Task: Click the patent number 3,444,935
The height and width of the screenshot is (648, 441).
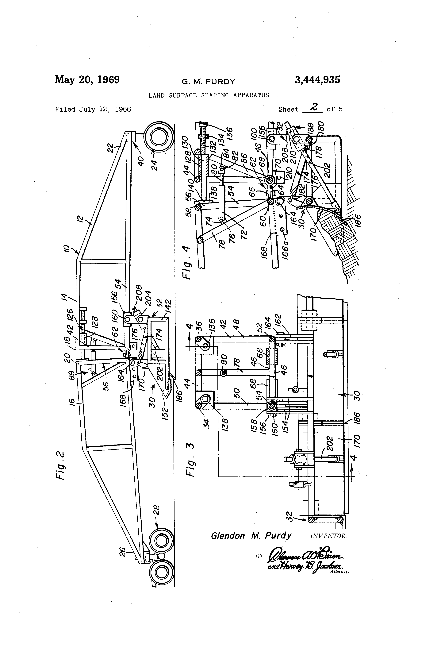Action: pyautogui.click(x=317, y=80)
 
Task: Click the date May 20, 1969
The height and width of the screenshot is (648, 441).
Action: pyautogui.click(x=87, y=80)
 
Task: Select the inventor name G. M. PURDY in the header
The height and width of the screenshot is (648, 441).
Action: pyautogui.click(x=208, y=82)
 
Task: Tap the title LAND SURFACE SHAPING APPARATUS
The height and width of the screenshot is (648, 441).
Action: pyautogui.click(x=209, y=95)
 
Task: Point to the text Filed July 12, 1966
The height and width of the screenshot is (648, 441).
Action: pyautogui.click(x=93, y=109)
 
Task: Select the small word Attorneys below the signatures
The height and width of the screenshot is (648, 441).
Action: pyautogui.click(x=339, y=571)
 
